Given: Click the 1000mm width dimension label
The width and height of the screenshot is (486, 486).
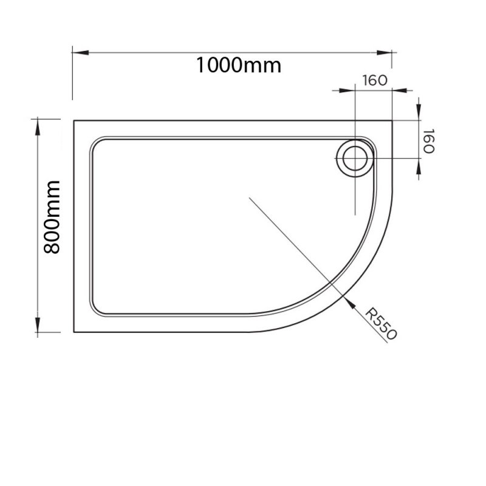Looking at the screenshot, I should click(238, 65).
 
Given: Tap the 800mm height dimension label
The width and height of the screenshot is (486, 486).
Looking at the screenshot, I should click(51, 217).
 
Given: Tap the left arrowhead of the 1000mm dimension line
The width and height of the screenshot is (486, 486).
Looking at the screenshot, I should click(77, 52).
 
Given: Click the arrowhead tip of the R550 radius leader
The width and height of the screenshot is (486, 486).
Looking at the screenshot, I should click(347, 298).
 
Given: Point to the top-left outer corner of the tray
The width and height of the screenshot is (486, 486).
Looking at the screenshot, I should click(74, 121).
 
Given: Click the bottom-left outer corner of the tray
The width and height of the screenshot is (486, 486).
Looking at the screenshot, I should click(74, 332).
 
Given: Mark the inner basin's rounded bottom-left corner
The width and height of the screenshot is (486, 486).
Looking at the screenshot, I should click(97, 311).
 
